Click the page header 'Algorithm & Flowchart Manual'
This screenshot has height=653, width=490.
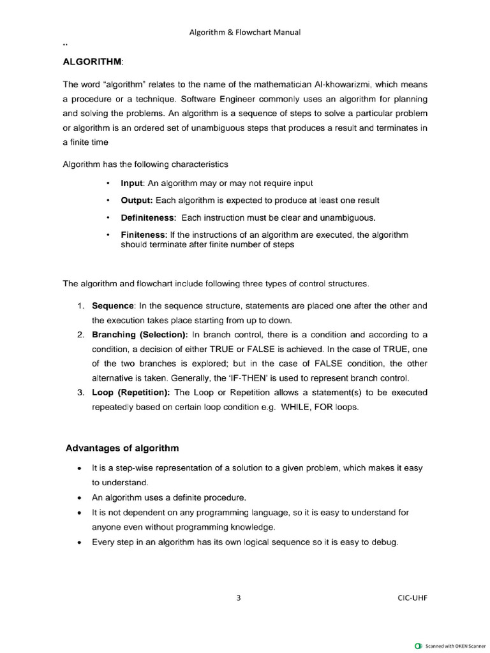pos(245,33)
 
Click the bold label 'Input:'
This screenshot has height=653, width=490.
pos(133,183)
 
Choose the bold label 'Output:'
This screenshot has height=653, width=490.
pos(137,200)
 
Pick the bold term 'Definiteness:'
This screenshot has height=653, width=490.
pos(148,217)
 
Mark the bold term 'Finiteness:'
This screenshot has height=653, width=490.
pos(144,235)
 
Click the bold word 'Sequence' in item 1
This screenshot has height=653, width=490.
pos(113,305)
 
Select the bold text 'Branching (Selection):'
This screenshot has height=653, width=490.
pos(140,334)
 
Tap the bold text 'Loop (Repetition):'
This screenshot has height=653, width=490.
pos(131,392)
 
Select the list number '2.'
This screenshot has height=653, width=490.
pos(81,334)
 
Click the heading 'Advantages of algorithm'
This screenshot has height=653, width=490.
pos(122,448)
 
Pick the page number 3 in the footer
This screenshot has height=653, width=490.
pos(239,598)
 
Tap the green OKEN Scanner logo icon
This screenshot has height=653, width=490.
pos(419,645)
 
